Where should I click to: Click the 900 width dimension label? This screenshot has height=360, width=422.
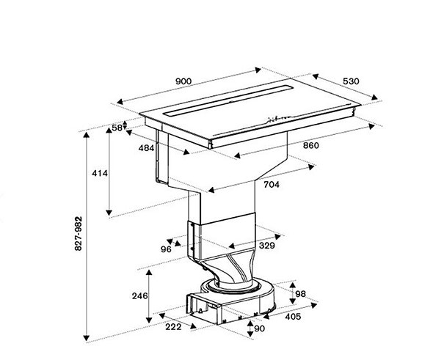click(x=183, y=81)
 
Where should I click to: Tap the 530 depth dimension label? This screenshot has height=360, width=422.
click(x=351, y=81)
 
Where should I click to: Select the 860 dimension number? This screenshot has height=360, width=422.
click(x=311, y=145)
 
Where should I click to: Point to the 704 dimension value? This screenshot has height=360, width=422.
click(x=272, y=185)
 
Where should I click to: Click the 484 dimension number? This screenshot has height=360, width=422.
click(x=146, y=148)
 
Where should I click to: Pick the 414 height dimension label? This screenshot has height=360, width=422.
click(x=100, y=173)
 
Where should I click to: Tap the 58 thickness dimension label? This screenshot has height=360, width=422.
click(x=117, y=128)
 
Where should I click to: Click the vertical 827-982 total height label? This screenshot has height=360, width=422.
click(x=79, y=234)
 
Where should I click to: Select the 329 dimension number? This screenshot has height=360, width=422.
click(x=266, y=246)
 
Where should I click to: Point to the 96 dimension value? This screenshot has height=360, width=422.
click(x=166, y=249)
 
